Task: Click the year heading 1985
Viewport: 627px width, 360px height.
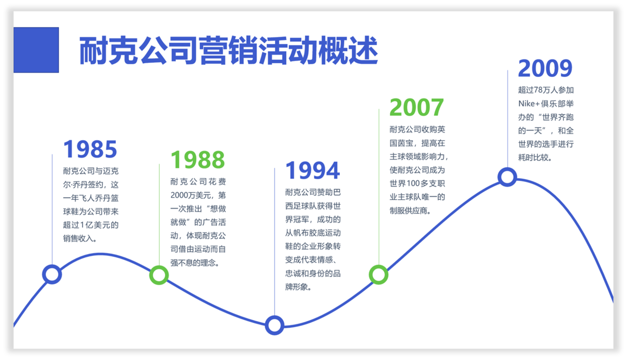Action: pos(90,149)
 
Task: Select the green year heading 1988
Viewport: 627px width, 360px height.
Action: pos(197,160)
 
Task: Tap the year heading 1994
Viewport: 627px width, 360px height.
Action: pos(312,171)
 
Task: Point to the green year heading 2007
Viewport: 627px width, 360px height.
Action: pos(416,107)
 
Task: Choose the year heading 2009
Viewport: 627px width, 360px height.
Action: pos(545,69)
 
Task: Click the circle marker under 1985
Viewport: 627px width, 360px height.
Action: pos(52,274)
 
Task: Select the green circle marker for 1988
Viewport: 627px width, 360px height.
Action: pos(159,275)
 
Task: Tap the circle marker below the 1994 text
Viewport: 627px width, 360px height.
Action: pos(275,325)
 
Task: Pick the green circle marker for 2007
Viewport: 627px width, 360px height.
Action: pos(378,275)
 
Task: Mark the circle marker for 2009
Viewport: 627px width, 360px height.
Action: pos(507,177)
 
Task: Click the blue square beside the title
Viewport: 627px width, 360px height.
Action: pos(36,50)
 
